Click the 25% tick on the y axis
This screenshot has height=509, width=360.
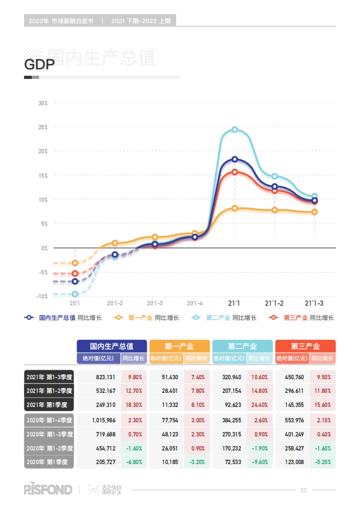[x=43, y=127]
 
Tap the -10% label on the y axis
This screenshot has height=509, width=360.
[x=42, y=296]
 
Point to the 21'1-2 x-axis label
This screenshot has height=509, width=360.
[x=274, y=303]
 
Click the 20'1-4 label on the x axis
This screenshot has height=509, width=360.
[x=195, y=303]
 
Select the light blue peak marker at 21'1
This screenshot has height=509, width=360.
[x=235, y=129]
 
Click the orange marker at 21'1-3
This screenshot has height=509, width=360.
[x=314, y=212]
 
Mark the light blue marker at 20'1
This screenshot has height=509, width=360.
[x=75, y=294]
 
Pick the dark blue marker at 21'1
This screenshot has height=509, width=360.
[x=235, y=159]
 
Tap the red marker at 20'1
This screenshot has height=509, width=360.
[x=75, y=273]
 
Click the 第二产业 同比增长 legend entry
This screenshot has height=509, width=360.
[x=224, y=317]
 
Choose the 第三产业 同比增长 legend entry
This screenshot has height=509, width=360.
[x=302, y=317]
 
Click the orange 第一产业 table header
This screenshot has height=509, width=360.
[x=179, y=346]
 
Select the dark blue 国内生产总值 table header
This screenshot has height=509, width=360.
[x=112, y=346]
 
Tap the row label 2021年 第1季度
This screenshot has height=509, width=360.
[x=49, y=405]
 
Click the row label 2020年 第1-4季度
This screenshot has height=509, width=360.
[x=49, y=420]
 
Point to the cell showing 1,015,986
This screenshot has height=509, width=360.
[x=104, y=420]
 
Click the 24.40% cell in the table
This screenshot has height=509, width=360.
[x=259, y=405]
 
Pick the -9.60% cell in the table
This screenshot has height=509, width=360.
[x=259, y=462]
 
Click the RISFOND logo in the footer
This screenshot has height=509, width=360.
[x=48, y=490]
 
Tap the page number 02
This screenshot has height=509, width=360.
[x=303, y=490]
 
